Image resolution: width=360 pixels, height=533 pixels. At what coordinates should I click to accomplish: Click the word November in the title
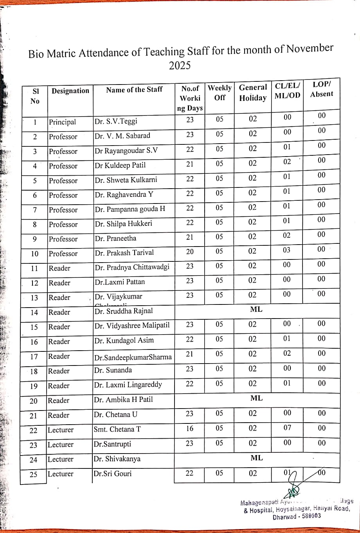pyautogui.click(x=309, y=49)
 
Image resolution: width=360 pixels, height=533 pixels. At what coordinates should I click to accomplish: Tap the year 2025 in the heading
pyautogui.click(x=180, y=65)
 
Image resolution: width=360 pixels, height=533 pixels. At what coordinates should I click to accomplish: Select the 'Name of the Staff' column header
pyautogui.click(x=134, y=90)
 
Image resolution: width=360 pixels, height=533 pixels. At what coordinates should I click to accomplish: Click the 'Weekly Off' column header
pyautogui.click(x=220, y=92)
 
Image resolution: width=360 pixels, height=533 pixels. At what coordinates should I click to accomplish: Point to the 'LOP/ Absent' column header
pyautogui.click(x=321, y=89)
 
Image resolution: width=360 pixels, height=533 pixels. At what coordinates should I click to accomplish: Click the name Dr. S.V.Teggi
pyautogui.click(x=116, y=121)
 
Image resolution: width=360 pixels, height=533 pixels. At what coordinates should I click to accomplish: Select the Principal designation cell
pyautogui.click(x=63, y=122)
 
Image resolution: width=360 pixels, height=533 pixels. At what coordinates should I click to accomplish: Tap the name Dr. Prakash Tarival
pyautogui.click(x=124, y=252)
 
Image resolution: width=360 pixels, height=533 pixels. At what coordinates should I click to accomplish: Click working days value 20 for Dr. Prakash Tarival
pyautogui.click(x=190, y=252)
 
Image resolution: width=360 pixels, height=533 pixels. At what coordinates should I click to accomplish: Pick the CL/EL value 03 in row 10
pyautogui.click(x=287, y=250)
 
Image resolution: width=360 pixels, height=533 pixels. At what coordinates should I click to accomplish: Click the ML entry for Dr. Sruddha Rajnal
pyautogui.click(x=256, y=310)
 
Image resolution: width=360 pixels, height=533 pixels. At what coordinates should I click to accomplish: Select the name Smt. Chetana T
pyautogui.click(x=117, y=429)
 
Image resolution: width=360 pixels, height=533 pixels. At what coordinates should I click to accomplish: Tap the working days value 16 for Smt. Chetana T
pyautogui.click(x=190, y=429)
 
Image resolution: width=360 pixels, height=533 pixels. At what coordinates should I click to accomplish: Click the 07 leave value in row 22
pyautogui.click(x=287, y=428)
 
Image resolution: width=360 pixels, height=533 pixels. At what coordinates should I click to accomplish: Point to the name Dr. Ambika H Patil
pyautogui.click(x=123, y=400)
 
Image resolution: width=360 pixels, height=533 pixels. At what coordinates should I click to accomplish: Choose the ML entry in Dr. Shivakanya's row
pyautogui.click(x=257, y=458)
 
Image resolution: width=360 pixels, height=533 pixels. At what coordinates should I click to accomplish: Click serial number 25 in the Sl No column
pyautogui.click(x=34, y=475)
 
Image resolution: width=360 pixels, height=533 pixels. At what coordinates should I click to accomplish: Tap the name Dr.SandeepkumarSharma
pyautogui.click(x=133, y=357)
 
